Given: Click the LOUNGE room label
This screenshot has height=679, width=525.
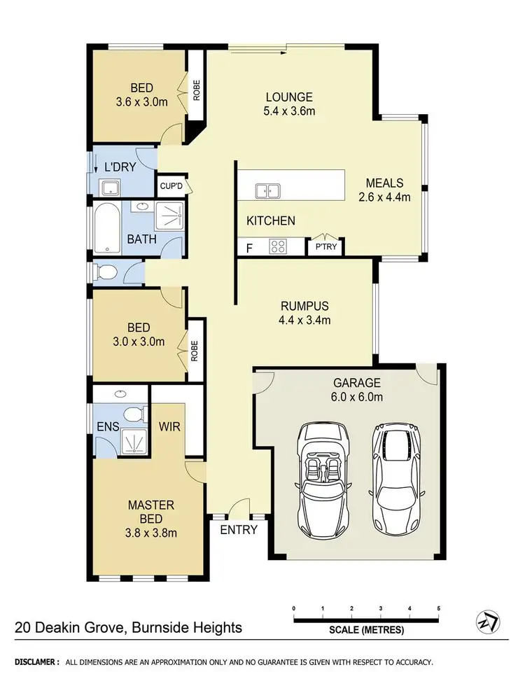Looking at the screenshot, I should (x=288, y=97).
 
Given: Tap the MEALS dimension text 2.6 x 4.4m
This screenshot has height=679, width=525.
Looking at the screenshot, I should (x=384, y=197).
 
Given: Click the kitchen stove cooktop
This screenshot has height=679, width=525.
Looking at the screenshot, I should (x=277, y=246).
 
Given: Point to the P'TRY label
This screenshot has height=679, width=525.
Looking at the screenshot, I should (x=326, y=247).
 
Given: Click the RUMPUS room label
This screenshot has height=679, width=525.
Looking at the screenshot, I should (x=304, y=306).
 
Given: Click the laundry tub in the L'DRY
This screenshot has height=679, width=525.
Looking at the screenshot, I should (x=109, y=186).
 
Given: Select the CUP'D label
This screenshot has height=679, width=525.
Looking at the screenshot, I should (x=171, y=186).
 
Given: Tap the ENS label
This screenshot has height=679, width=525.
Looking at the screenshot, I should (x=106, y=426).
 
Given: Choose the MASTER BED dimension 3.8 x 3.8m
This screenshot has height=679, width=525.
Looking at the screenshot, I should (x=151, y=532).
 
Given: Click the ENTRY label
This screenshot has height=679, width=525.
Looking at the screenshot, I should (x=239, y=530).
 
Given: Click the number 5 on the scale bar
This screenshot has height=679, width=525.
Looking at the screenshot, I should (x=438, y=607).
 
